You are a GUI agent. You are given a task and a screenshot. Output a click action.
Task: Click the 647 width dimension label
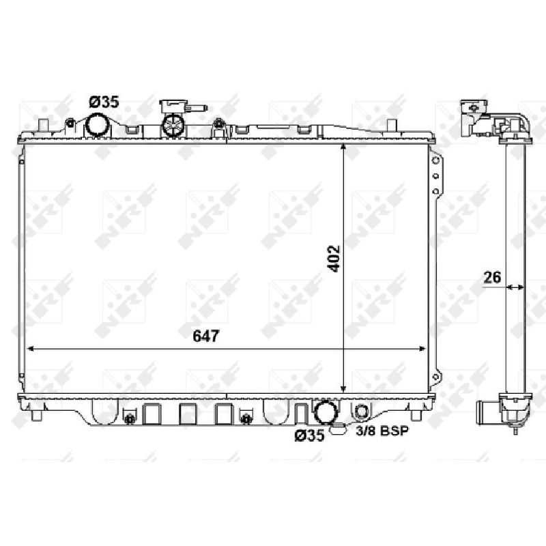point(206,336)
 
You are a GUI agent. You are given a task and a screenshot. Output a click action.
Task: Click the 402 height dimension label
point(334,259)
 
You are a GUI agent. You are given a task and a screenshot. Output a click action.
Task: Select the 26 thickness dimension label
point(492,278)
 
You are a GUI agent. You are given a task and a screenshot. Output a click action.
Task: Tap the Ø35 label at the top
point(104,102)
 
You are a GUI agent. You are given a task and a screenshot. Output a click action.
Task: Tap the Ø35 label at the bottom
point(309,435)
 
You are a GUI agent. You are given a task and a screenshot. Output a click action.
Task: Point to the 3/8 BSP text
point(382,431)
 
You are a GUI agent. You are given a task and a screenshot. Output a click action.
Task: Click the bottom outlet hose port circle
point(326,411)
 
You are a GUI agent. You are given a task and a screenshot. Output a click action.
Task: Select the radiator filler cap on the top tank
point(173,126)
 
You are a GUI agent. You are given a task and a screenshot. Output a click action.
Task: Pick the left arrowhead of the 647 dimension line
point(30,349)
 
